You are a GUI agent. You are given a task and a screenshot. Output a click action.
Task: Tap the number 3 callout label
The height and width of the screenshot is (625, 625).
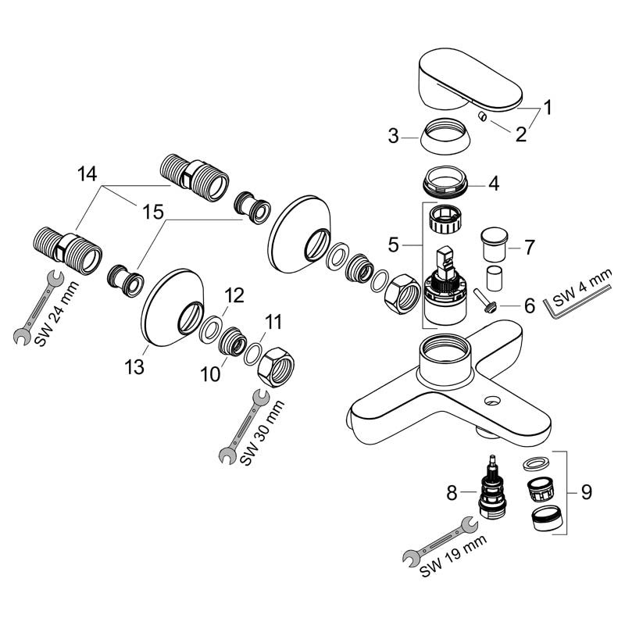tap(393, 137)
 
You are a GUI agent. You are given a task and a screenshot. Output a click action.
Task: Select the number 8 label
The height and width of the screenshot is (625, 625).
tap(451, 493)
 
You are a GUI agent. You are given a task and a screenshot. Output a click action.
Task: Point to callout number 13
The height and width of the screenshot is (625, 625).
tap(136, 366)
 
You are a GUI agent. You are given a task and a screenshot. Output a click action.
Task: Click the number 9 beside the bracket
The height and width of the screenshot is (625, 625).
tap(586, 493)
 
